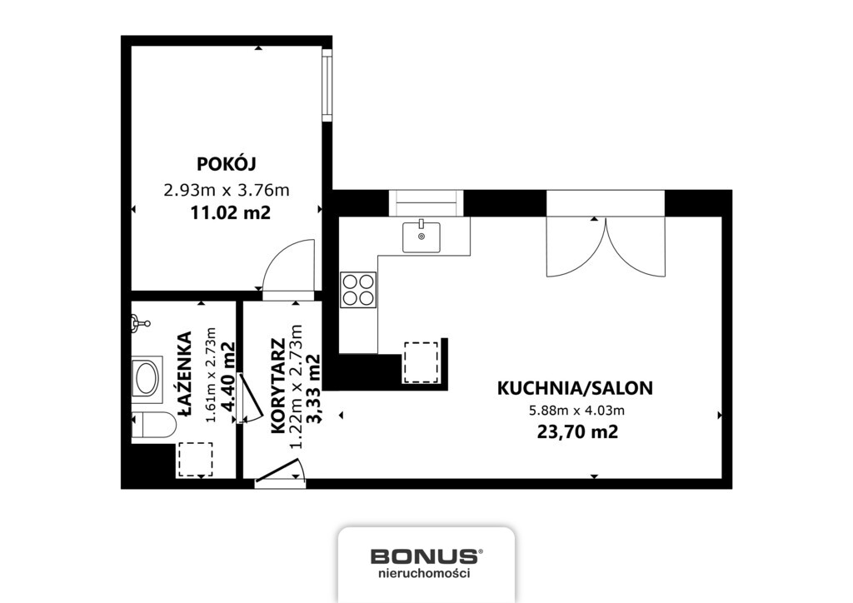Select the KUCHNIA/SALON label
pyautogui.click(x=575, y=387)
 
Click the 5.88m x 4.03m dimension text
pyautogui.click(x=575, y=409)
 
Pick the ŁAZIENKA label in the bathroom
pyautogui.click(x=184, y=370)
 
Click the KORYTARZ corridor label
pyautogui.click(x=278, y=385)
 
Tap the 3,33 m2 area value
pyautogui.click(x=314, y=389)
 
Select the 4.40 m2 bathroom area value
pyautogui.click(x=229, y=378)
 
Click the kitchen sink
pyautogui.click(x=422, y=237)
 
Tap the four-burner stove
pyautogui.click(x=358, y=290)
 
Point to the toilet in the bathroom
pyautogui.click(x=154, y=426)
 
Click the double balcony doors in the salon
pyautogui.click(x=606, y=247)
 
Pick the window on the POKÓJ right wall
pyautogui.click(x=327, y=86)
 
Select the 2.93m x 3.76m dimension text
pyautogui.click(x=227, y=190)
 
